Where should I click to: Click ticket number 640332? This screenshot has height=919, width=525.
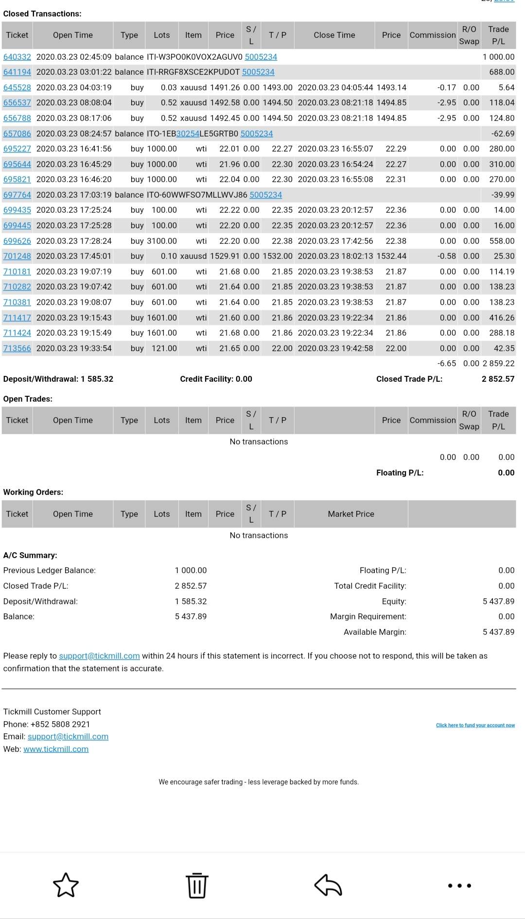(17, 57)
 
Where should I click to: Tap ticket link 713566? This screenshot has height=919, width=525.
(17, 348)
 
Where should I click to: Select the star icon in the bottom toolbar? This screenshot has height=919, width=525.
(66, 885)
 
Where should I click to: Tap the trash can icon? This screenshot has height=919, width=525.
(197, 885)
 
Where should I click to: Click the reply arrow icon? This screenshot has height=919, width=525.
(328, 885)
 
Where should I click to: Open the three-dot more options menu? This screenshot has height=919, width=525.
(459, 885)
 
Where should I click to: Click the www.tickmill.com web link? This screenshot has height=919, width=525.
(56, 749)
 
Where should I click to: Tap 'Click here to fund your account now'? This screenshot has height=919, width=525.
(475, 725)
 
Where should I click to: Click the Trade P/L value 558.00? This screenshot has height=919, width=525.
(502, 241)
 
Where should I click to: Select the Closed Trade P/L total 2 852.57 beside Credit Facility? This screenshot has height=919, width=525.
(498, 379)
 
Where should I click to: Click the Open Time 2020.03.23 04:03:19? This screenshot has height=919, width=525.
(74, 87)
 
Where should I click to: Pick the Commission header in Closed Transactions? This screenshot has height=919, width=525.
(433, 35)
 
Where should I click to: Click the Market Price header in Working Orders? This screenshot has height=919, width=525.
(351, 514)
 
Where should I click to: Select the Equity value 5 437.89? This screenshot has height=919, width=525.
(498, 601)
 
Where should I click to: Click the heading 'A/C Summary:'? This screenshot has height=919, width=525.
(30, 555)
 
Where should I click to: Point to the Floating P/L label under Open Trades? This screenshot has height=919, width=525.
(400, 473)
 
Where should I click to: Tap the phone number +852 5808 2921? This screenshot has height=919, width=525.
(60, 724)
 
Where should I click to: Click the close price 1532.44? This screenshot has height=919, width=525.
(391, 256)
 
